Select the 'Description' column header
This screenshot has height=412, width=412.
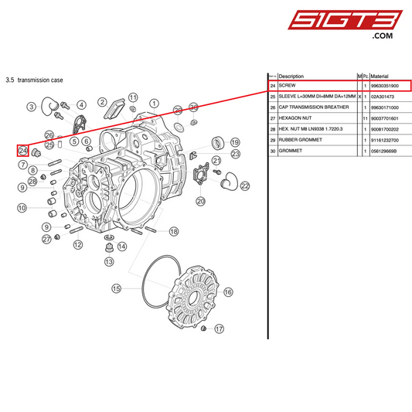[x=291, y=77]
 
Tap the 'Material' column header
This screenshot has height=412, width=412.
[x=380, y=77]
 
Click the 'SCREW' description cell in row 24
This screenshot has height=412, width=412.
[x=288, y=86]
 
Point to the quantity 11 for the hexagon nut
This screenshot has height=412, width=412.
[x=364, y=118]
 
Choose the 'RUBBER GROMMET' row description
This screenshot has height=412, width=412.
[x=299, y=140]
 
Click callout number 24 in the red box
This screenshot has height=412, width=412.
[x=23, y=150]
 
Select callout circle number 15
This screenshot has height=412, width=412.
[x=117, y=288]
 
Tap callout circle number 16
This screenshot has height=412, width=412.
[x=228, y=292]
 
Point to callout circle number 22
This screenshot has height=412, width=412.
[x=245, y=186]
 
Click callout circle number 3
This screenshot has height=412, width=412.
[x=32, y=107]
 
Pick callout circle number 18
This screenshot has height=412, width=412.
[x=174, y=231]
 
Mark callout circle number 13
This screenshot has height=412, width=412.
[x=109, y=262]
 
